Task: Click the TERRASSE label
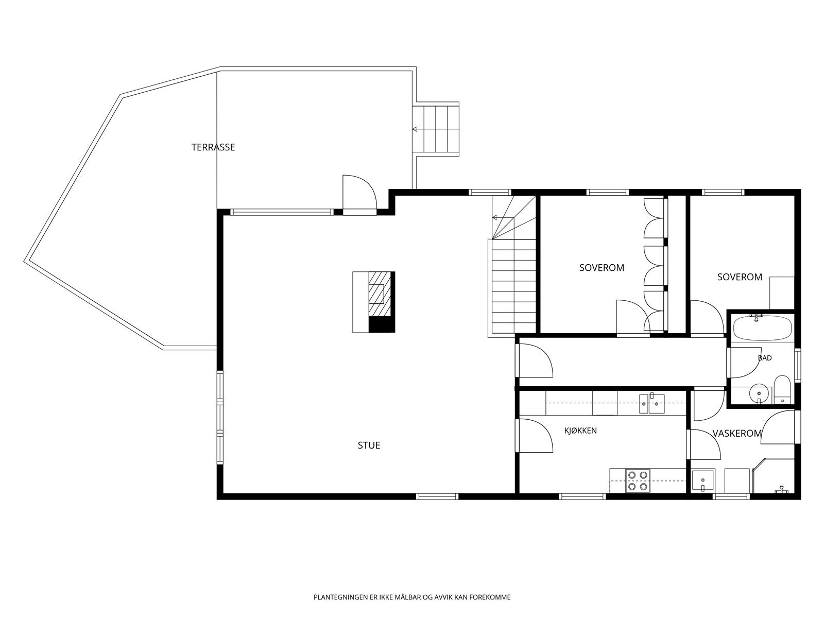[213, 147]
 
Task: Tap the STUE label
[369, 445]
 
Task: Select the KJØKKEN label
[580, 431]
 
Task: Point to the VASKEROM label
[737, 434]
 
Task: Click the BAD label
[765, 358]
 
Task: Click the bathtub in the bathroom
[762, 328]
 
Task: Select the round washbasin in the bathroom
[759, 393]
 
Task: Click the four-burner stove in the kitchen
[638, 480]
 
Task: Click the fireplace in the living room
[373, 302]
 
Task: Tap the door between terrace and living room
[359, 195]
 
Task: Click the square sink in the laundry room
[703, 480]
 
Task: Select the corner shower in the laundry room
[774, 475]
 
